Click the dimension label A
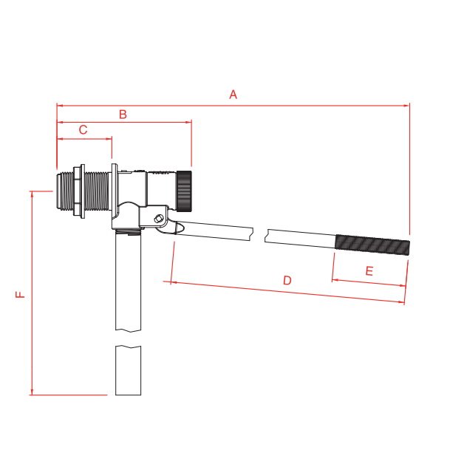click(x=233, y=95)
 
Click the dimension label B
click(x=123, y=114)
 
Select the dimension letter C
click(x=83, y=129)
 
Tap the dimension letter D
click(x=287, y=280)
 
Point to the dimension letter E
click(x=369, y=271)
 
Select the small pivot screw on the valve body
click(x=159, y=218)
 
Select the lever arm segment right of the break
click(x=299, y=238)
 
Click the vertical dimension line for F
click(x=32, y=296)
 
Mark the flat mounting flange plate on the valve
click(x=115, y=196)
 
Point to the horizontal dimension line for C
click(x=83, y=137)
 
